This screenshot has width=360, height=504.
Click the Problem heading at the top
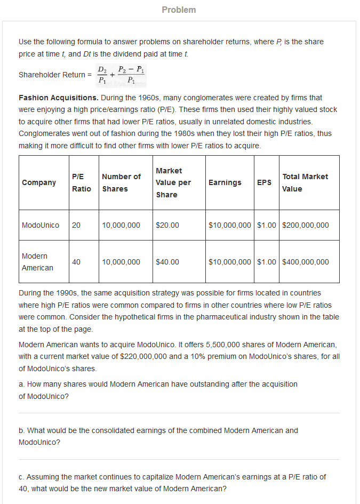(x=179, y=10)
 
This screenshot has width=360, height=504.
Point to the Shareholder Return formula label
(x=52, y=75)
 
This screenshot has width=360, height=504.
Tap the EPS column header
(x=264, y=182)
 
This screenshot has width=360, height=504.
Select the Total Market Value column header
(x=305, y=182)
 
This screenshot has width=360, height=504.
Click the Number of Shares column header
(x=121, y=182)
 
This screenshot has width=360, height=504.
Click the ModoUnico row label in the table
(x=41, y=225)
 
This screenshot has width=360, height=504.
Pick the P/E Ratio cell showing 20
(x=76, y=225)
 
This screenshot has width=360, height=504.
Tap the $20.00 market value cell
(x=167, y=225)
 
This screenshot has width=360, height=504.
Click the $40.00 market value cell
(x=167, y=262)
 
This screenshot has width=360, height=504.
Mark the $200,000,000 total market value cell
(x=305, y=225)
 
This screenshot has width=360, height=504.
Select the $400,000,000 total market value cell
(x=305, y=262)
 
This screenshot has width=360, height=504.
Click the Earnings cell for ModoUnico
(x=229, y=225)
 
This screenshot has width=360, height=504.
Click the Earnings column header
(x=225, y=182)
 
